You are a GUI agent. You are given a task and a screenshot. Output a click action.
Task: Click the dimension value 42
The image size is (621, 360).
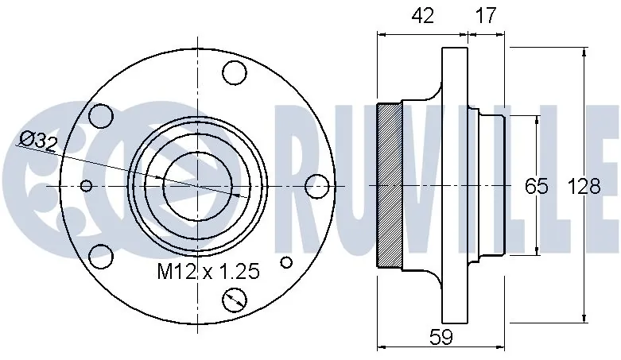pos(423,16)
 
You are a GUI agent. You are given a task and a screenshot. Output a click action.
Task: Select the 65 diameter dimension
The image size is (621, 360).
pos(537,187)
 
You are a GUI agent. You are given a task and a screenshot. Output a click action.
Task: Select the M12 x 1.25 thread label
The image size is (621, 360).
pos(208,273)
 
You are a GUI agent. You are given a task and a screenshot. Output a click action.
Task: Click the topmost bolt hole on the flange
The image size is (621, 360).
pos(233,73)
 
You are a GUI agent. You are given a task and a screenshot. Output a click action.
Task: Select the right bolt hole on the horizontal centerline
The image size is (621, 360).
pos(316,186)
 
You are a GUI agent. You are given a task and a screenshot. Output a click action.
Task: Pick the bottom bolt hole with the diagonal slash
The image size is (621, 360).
pos(235,300)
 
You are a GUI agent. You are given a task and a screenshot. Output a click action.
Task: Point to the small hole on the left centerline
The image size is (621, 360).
pos(87,187)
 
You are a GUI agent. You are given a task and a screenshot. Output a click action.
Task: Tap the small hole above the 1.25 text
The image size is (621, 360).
pos(287,261)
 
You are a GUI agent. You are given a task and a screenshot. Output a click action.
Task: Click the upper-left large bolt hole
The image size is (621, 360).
pos(100,117)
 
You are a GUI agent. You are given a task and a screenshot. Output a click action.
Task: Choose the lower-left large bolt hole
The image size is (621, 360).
pos(100,256)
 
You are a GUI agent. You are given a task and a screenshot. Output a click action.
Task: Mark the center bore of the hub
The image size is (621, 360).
pos(196,186)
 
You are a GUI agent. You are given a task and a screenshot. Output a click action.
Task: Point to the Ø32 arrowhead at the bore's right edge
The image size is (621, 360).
pos(235,193)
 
